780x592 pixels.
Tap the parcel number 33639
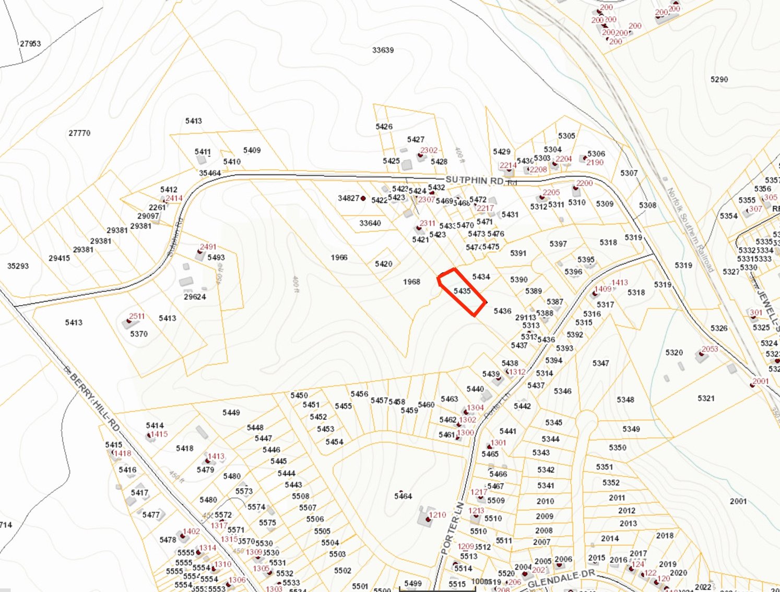point(383,50)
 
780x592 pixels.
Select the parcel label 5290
point(719,79)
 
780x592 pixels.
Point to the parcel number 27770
point(79,133)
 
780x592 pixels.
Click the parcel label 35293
point(18,266)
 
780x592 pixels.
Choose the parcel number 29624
point(195,297)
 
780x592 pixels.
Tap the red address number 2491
point(208,247)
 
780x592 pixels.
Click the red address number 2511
point(137,316)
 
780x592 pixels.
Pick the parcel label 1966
point(339,257)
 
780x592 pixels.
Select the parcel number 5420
point(383,264)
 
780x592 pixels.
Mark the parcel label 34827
point(348,198)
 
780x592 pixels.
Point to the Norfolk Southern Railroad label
point(690,230)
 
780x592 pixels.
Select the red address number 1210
point(438,515)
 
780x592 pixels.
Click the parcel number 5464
point(403,496)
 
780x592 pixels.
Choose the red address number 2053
point(710,349)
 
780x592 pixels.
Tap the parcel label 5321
point(706,398)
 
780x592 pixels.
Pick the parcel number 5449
point(231,413)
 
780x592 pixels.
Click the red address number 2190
point(595,162)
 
